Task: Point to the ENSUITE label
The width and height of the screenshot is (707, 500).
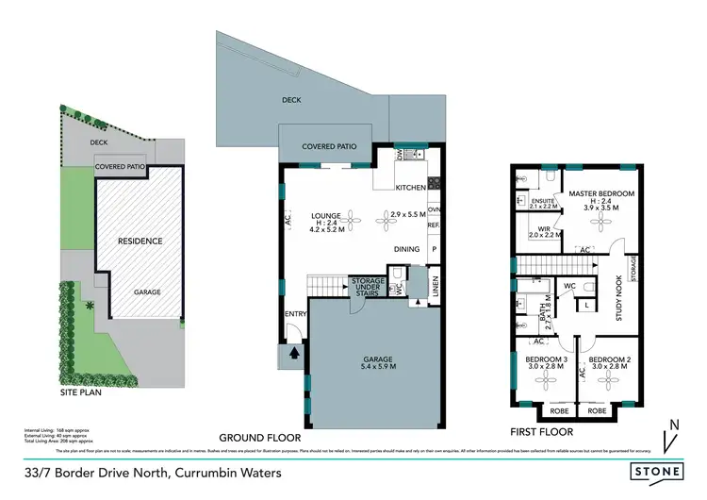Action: click(544, 201)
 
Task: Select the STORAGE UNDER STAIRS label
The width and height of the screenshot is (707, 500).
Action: click(368, 286)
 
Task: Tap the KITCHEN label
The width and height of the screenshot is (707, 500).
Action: click(411, 188)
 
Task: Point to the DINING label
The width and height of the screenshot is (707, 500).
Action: click(407, 249)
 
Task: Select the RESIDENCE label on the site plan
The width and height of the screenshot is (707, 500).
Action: click(140, 242)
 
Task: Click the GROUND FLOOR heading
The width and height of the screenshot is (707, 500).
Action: click(259, 438)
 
